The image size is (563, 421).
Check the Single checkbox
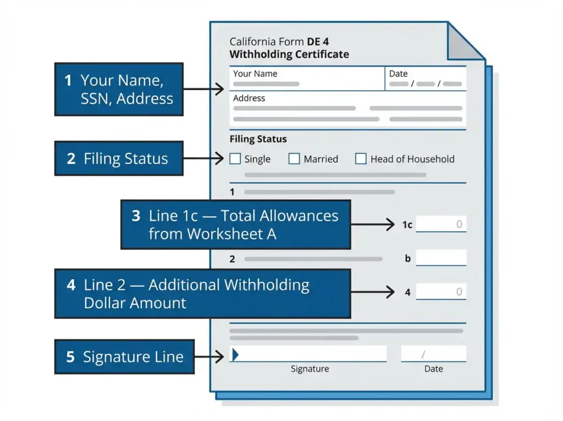coord(235,159)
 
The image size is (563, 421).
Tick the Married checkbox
coord(294,159)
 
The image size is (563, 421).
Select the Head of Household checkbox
coord(361,159)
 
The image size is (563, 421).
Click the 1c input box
coord(441,224)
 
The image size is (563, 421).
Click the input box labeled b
coord(441,258)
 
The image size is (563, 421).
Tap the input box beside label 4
coord(441,292)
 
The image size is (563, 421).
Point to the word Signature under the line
coord(310,369)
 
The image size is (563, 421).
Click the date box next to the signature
coord(433,354)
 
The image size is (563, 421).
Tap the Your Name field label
coord(255,74)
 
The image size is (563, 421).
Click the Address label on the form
coord(249,99)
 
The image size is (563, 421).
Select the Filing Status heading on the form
coord(258,139)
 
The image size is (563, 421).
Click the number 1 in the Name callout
coord(68,81)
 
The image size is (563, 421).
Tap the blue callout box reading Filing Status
coord(119,159)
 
